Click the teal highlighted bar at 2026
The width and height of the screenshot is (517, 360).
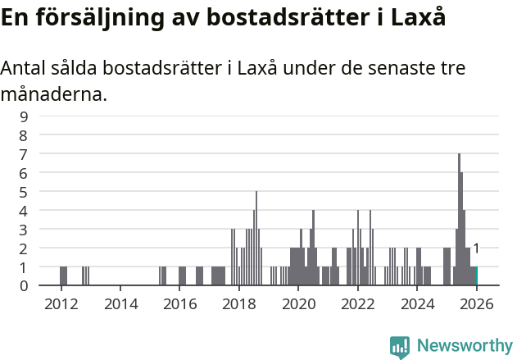[x=475, y=276]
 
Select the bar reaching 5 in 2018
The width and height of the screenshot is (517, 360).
[x=256, y=239]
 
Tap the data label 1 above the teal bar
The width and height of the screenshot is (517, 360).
[x=476, y=248]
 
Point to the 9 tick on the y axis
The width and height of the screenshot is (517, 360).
[x=24, y=116]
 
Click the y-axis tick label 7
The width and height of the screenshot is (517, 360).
[x=24, y=154]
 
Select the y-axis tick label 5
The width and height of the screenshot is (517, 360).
[x=24, y=192]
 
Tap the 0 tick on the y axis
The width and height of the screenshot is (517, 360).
[x=24, y=286]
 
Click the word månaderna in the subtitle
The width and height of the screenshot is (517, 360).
[x=53, y=94]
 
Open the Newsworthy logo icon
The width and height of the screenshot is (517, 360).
[x=400, y=347]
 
